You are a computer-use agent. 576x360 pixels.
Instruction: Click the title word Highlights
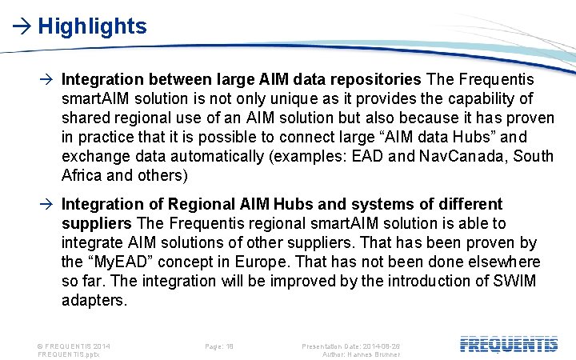point(92,26)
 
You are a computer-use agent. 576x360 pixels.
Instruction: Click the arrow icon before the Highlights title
point(22,26)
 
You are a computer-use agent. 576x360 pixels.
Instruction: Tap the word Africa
point(82,175)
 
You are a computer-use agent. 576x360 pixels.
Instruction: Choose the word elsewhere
point(501,262)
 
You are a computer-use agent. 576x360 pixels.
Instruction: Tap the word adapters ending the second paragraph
point(94,300)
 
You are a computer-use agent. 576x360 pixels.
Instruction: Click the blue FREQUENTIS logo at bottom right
point(509,345)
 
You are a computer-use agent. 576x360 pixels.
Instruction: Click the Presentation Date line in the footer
point(350,346)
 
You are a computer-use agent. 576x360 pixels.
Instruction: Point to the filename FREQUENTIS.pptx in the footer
point(74,354)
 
